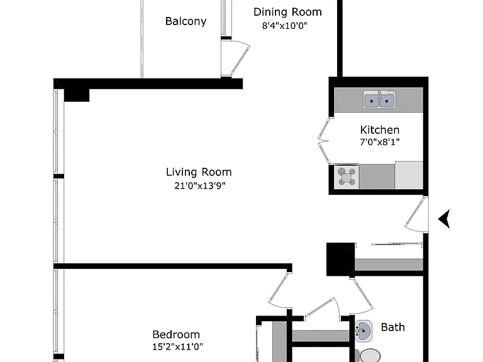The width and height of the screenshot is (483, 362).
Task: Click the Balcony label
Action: tap(186, 21)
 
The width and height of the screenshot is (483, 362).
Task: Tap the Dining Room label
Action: tap(287, 12)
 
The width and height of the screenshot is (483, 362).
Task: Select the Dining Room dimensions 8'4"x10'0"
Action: tap(285, 25)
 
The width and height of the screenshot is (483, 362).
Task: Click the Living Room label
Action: tap(199, 172)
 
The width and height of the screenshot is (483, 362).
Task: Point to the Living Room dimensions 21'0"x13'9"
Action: tap(200, 185)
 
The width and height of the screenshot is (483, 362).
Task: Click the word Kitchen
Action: tap(380, 130)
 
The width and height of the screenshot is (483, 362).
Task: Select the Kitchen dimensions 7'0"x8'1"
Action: tap(380, 142)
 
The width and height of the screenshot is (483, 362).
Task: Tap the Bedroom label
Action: tap(176, 334)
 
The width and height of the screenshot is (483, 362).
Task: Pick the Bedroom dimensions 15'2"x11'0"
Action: tap(178, 347)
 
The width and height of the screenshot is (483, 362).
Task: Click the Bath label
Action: tap(392, 327)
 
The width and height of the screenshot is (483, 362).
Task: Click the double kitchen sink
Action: tap(379, 99)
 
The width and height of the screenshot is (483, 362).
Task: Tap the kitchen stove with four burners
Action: tap(347, 177)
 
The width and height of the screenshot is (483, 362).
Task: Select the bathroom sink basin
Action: tap(364, 331)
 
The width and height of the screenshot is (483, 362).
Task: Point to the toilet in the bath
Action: tap(369, 356)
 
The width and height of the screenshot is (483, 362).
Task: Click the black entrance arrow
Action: tap(444, 219)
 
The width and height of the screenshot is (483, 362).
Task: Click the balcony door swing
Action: tap(236, 58)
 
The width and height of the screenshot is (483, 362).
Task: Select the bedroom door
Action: tap(280, 290)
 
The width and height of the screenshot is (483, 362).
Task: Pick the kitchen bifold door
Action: tap(324, 141)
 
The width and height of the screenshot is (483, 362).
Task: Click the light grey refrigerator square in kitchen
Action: tap(409, 175)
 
